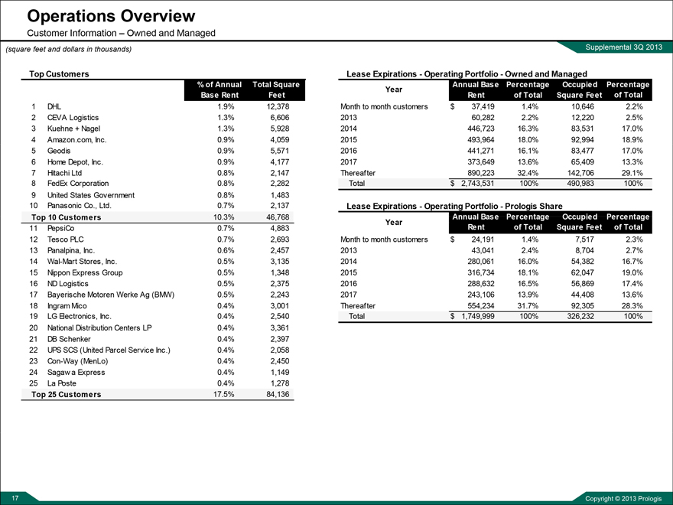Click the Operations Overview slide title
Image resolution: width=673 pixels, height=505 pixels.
click(x=111, y=16)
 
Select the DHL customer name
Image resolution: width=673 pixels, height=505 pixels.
click(x=54, y=106)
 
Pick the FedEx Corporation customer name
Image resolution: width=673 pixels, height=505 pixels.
click(x=79, y=184)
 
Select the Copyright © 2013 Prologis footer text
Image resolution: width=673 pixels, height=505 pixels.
click(x=623, y=499)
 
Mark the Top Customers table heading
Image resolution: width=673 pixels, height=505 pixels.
click(x=59, y=73)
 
